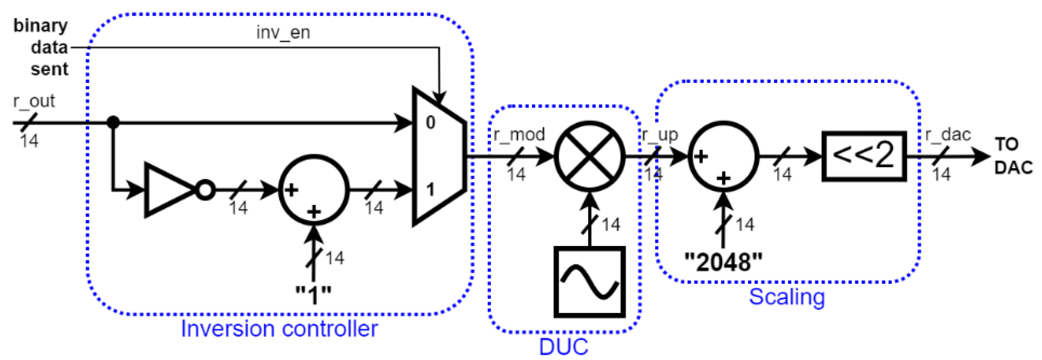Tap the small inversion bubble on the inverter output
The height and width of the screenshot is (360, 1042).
click(205, 190)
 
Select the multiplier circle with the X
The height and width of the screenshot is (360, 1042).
click(590, 156)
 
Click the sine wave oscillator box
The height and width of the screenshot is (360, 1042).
click(590, 282)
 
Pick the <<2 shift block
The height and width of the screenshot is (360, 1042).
click(864, 156)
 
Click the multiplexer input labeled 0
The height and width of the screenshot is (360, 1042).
click(430, 123)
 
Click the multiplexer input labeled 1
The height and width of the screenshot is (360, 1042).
click(430, 189)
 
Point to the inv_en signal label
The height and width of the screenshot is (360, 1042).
click(283, 32)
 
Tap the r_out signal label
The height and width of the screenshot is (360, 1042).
click(34, 101)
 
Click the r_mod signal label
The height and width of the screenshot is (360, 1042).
click(519, 134)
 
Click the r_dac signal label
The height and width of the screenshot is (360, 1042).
click(948, 134)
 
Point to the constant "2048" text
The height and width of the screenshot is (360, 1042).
click(723, 262)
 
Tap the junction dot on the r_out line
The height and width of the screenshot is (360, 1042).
click(113, 122)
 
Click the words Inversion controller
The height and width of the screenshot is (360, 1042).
click(279, 328)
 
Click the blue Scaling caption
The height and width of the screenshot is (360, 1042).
click(786, 297)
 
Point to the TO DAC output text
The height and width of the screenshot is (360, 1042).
click(1013, 156)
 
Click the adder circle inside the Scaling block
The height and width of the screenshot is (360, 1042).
click(723, 156)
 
